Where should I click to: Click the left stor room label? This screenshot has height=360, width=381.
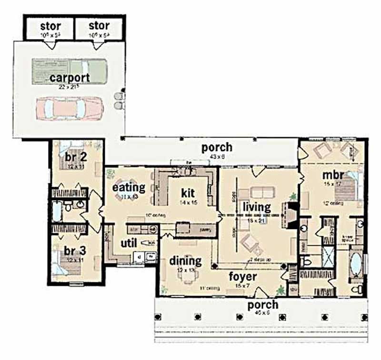pyautogui.click(x=50, y=25)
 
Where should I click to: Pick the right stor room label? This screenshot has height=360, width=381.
pyautogui.click(x=99, y=25)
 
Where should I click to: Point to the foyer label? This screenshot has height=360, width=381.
pyautogui.click(x=243, y=277)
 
